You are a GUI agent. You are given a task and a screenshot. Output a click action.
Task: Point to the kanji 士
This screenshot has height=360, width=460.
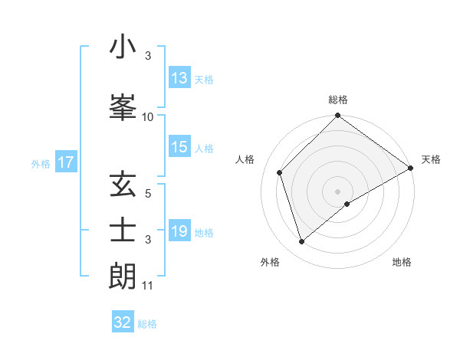click(123, 231)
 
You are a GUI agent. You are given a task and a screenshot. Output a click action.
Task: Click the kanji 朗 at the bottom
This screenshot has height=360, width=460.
click(123, 277)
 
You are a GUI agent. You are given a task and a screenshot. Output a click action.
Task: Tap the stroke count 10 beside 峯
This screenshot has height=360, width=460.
click(148, 117)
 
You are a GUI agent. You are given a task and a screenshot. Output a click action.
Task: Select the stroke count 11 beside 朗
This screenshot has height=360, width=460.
click(148, 286)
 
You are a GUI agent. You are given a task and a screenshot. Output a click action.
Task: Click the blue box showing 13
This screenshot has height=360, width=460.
click(179, 78)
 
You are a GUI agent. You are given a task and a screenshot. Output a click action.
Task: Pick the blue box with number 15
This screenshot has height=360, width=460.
click(179, 147)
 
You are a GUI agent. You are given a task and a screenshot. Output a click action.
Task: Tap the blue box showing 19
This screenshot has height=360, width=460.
click(179, 231)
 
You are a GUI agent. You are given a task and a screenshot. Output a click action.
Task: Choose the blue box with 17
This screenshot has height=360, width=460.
click(66, 162)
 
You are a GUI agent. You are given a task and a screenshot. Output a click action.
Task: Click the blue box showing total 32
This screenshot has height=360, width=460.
click(123, 322)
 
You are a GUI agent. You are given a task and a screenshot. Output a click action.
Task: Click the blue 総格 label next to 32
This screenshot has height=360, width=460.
click(148, 324)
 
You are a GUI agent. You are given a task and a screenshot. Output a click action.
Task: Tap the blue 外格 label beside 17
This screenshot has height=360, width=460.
click(41, 163)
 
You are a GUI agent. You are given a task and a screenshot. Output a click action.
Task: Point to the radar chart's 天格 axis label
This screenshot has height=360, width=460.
click(431, 159)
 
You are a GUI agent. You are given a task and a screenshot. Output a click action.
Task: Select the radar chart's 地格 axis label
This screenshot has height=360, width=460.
click(402, 262)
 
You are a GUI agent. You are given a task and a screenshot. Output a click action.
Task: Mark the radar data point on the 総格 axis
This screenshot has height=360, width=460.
click(337, 116)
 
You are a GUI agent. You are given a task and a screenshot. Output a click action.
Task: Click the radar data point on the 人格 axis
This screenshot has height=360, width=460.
click(280, 172)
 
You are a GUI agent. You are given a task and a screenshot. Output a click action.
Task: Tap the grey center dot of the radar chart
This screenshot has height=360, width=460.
click(337, 191)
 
